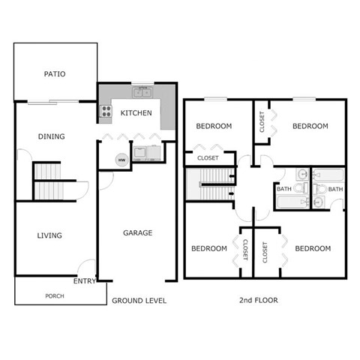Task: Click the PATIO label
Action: click(54, 74)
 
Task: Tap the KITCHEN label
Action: click(136, 113)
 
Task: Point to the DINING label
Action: click(52, 136)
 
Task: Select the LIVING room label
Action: click(49, 235)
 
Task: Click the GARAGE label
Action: click(137, 232)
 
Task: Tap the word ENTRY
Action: click(84, 281)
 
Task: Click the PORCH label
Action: click(54, 295)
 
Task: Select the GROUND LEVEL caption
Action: click(139, 300)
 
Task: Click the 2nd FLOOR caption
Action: click(258, 300)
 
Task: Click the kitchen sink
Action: click(142, 93)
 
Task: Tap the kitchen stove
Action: click(106, 113)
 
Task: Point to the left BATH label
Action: click(284, 189)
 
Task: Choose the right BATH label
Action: click(334, 189)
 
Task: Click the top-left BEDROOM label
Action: click(214, 126)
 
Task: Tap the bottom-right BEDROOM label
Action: click(312, 248)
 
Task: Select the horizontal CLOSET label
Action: click(208, 158)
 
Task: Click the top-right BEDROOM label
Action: click(310, 126)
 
